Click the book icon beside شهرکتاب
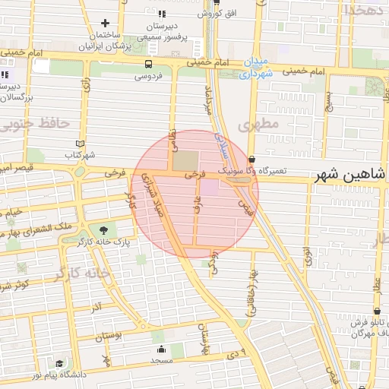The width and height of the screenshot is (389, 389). tap(81, 144)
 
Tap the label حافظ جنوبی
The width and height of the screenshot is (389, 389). tap(36, 123)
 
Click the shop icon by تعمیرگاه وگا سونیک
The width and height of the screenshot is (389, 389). tap(251, 159)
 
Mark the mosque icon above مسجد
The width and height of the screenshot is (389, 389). tap(162, 349)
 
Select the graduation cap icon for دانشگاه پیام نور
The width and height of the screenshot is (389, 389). tap(59, 364)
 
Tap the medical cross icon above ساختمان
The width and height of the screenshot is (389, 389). tap(105, 23)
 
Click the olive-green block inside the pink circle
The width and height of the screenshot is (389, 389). tap(185, 161)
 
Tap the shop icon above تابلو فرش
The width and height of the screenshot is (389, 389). tap(378, 311)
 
